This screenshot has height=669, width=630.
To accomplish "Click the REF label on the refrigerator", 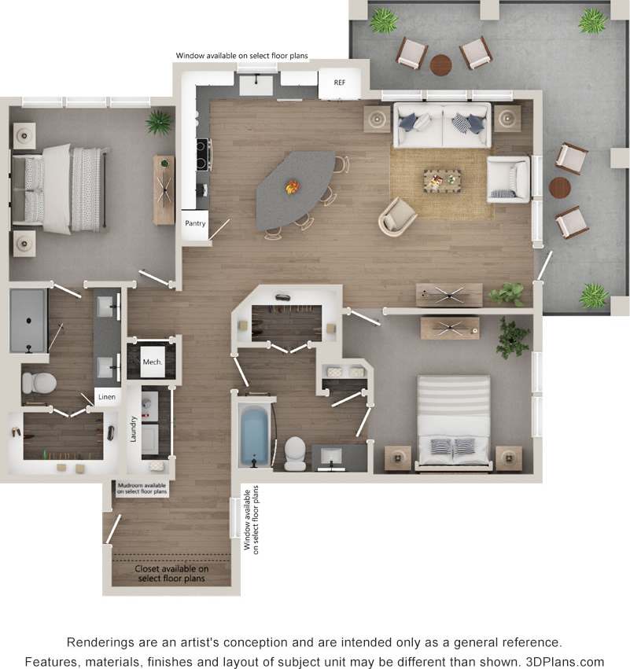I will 340,83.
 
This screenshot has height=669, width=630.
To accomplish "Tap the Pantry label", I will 195,223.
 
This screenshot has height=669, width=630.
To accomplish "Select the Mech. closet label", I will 152,362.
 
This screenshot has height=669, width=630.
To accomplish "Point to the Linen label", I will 106,398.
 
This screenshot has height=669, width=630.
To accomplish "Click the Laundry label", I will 134,428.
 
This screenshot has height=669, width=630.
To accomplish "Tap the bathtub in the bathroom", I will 253,436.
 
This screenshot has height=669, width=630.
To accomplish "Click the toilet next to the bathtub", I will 294,451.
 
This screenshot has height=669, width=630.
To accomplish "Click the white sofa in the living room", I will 442,125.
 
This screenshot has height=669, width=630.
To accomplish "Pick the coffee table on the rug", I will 443,181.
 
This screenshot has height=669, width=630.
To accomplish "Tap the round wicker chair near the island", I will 396,216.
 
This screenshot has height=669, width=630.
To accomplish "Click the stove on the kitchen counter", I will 203,154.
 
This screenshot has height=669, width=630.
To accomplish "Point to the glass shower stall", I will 28,321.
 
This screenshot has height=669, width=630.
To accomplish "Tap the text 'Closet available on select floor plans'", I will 171,573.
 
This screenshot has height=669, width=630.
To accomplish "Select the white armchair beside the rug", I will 507,178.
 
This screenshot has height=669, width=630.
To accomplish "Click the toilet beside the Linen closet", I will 39,383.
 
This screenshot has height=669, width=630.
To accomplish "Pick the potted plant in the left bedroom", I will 159,121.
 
